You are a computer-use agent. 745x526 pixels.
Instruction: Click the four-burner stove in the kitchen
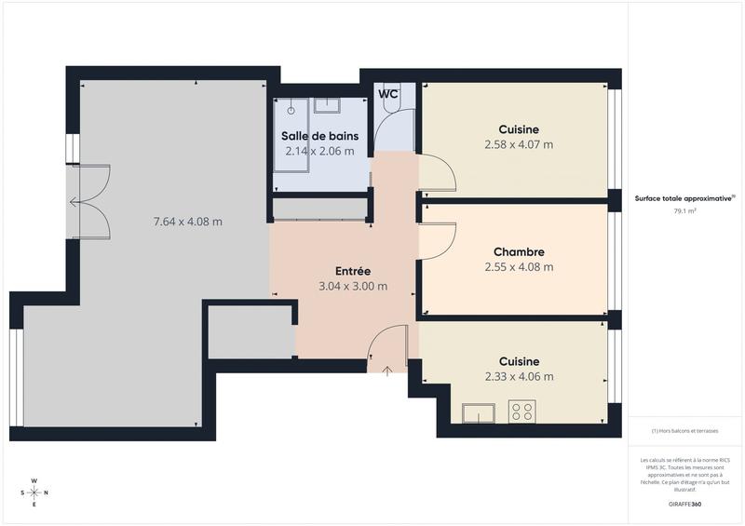pyautogui.click(x=522, y=411)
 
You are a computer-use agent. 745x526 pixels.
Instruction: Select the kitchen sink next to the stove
pyautogui.click(x=479, y=412)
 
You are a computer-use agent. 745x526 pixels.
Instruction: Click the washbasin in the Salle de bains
pyautogui.click(x=328, y=105)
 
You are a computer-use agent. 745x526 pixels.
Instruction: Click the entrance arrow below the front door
pyautogui.click(x=387, y=371)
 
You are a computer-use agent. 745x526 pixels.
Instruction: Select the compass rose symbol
pyautogui.click(x=34, y=492)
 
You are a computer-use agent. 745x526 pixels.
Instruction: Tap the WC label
pyautogui.click(x=388, y=94)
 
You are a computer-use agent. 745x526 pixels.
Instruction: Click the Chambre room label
pyautogui.click(x=519, y=252)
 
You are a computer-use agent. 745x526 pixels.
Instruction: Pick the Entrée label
pyautogui.click(x=353, y=272)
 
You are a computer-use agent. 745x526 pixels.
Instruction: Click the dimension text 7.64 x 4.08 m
pyautogui.click(x=187, y=222)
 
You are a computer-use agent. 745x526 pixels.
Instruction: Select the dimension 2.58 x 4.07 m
pyautogui.click(x=519, y=144)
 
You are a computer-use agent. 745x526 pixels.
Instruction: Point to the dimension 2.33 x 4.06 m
pyautogui.click(x=519, y=376)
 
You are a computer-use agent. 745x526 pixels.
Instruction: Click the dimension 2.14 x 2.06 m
pyautogui.click(x=319, y=151)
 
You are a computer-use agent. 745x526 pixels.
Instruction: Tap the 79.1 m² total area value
pyautogui.click(x=685, y=211)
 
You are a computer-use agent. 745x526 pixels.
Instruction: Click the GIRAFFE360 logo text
pyautogui.click(x=685, y=504)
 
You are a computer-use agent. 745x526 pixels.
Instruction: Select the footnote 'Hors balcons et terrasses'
pyautogui.click(x=685, y=431)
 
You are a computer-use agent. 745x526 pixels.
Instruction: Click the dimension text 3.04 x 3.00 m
pyautogui.click(x=353, y=286)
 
